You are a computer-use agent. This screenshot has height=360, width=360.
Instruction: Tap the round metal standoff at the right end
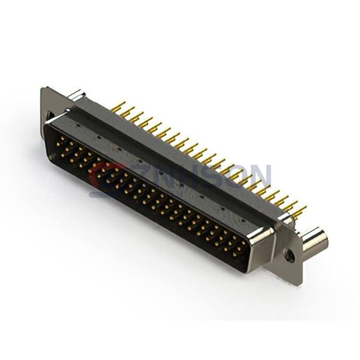tap(314, 241)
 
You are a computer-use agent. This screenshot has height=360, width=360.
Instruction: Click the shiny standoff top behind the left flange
tap(76, 94)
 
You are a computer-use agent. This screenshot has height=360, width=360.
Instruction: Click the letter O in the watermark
tap(240, 176)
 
